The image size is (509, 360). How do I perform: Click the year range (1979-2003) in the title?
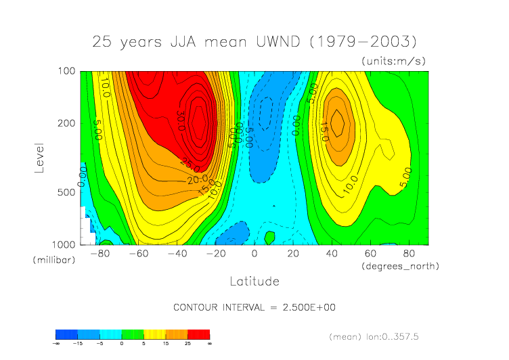pos(363,41)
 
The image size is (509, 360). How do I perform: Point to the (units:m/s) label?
pos(394,61)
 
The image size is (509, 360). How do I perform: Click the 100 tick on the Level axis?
pos(66,71)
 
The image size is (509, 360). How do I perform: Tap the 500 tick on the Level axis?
pos(66,192)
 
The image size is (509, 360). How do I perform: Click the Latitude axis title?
pos(255,280)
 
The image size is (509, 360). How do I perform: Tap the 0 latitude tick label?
pos(255,254)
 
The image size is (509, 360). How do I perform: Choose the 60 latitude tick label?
pos(371,254)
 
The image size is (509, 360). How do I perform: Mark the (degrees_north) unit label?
pos(401,266)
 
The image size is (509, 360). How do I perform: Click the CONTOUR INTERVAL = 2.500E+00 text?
pos(255,307)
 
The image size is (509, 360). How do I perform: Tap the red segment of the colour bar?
pos(198,334)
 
